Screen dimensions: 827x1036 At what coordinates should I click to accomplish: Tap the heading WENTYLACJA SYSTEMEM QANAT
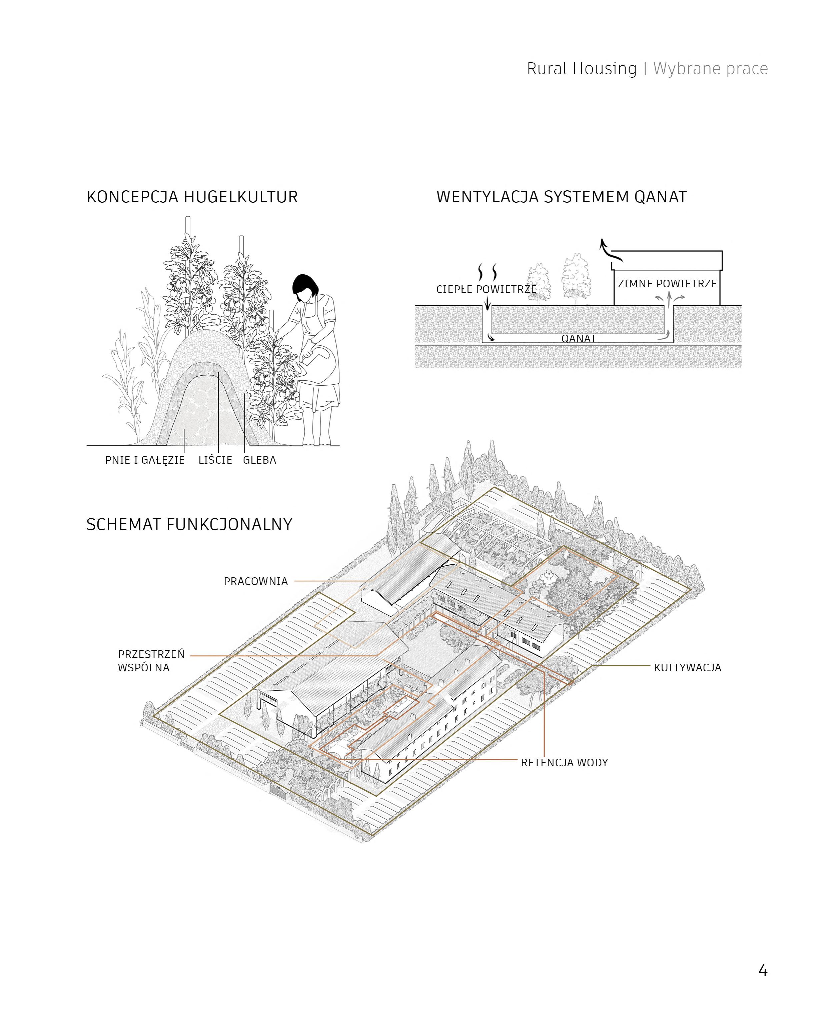pos(561,197)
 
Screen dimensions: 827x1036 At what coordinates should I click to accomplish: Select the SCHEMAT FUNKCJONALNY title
pos(189,524)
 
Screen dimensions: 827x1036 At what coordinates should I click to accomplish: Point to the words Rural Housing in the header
pos(581,69)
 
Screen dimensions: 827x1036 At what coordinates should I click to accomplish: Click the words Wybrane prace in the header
pos(710,69)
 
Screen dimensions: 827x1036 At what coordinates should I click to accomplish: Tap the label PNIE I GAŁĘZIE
pos(145,460)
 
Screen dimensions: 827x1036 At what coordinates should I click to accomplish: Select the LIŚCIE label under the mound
pos(215,460)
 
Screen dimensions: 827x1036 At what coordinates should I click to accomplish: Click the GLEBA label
pos(260,460)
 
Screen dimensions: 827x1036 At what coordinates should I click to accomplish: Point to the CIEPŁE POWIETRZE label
pos(486,290)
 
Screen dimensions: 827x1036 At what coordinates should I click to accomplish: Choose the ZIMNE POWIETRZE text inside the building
pos(667,284)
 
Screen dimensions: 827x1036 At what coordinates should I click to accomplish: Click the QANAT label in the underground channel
pos(579,339)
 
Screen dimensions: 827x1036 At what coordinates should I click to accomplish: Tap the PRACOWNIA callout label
pos(256,581)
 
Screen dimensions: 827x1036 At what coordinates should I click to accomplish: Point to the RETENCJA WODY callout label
pos(565,763)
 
